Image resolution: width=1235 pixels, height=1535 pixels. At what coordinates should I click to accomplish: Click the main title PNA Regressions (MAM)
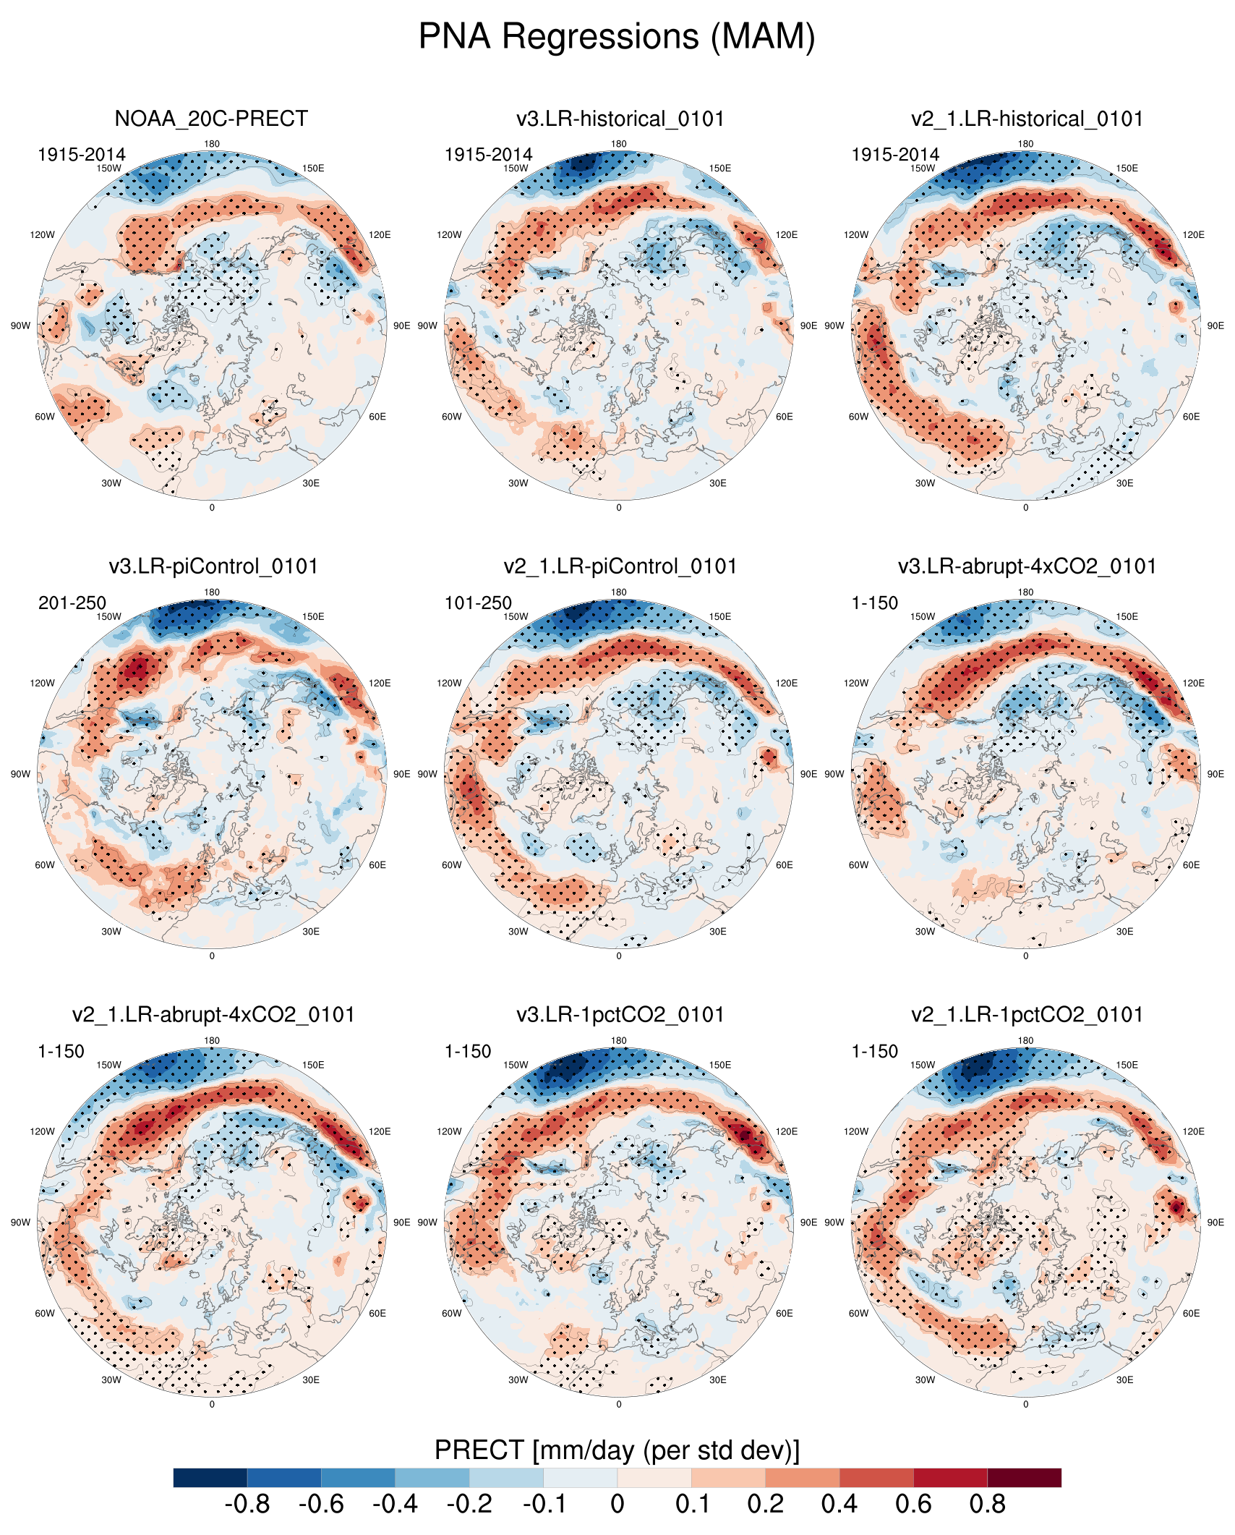pyautogui.click(x=617, y=36)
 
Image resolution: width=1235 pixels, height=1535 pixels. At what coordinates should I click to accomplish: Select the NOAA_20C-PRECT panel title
pyautogui.click(x=211, y=119)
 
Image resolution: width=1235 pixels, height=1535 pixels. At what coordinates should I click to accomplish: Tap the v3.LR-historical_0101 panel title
pyautogui.click(x=620, y=119)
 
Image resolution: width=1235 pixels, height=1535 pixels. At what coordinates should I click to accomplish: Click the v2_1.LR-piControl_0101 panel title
pyautogui.click(x=620, y=566)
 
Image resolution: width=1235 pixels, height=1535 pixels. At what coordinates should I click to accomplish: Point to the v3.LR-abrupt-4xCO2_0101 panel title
pyautogui.click(x=1027, y=566)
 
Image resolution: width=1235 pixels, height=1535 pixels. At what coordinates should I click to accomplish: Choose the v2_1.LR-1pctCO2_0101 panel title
pyautogui.click(x=1027, y=1015)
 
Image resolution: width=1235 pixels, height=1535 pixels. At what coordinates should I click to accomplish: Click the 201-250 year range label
pyautogui.click(x=72, y=603)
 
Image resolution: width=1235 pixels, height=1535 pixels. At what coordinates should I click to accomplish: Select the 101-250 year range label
pyautogui.click(x=478, y=603)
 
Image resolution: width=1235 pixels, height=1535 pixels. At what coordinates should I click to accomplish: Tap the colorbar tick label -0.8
pyautogui.click(x=247, y=1505)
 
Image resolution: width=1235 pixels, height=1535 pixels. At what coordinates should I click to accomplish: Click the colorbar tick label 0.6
pyautogui.click(x=913, y=1505)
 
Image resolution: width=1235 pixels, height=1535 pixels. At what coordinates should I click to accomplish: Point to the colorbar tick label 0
pyautogui.click(x=617, y=1505)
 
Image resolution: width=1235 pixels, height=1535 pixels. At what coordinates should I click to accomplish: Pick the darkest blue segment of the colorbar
pyautogui.click(x=210, y=1477)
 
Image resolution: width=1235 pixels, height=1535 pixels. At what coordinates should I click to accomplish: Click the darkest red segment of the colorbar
pyautogui.click(x=1024, y=1477)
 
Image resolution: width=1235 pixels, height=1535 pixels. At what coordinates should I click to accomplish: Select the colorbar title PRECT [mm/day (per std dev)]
pyautogui.click(x=617, y=1450)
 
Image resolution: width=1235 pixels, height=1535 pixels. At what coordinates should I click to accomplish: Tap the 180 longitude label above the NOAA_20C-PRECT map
pyautogui.click(x=212, y=144)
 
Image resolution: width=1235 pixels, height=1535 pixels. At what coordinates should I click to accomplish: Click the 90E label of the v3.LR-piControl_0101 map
pyautogui.click(x=402, y=774)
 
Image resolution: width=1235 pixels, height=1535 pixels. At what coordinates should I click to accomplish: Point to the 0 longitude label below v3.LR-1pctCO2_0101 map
pyautogui.click(x=619, y=1404)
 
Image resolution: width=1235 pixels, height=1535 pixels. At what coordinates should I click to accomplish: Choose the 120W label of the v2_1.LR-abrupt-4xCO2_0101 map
pyautogui.click(x=42, y=1131)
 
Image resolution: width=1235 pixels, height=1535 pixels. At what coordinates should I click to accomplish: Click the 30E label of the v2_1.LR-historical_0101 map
pyautogui.click(x=1124, y=483)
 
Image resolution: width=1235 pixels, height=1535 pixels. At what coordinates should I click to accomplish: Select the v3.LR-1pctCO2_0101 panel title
pyautogui.click(x=620, y=1015)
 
